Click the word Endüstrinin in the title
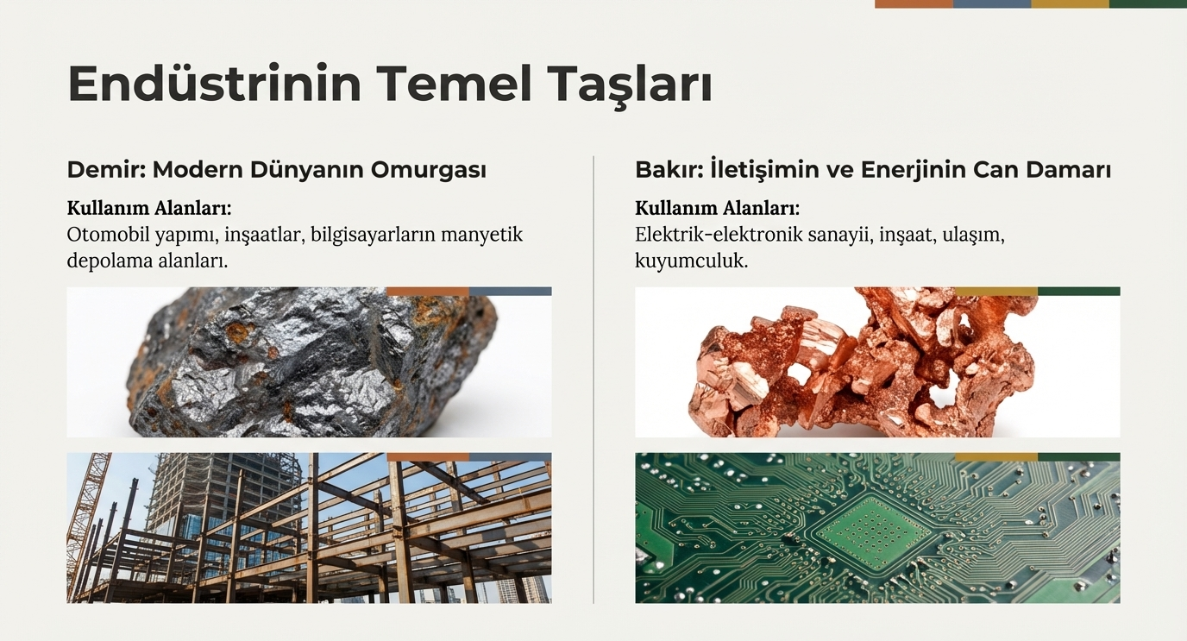(215, 84)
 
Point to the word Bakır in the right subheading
(667, 169)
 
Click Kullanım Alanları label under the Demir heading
(149, 208)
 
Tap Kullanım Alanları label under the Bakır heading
(718, 208)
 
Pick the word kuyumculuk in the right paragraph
(691, 261)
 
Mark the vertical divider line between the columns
(593, 380)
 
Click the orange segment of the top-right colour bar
(914, 3)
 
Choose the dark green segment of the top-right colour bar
(1148, 3)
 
